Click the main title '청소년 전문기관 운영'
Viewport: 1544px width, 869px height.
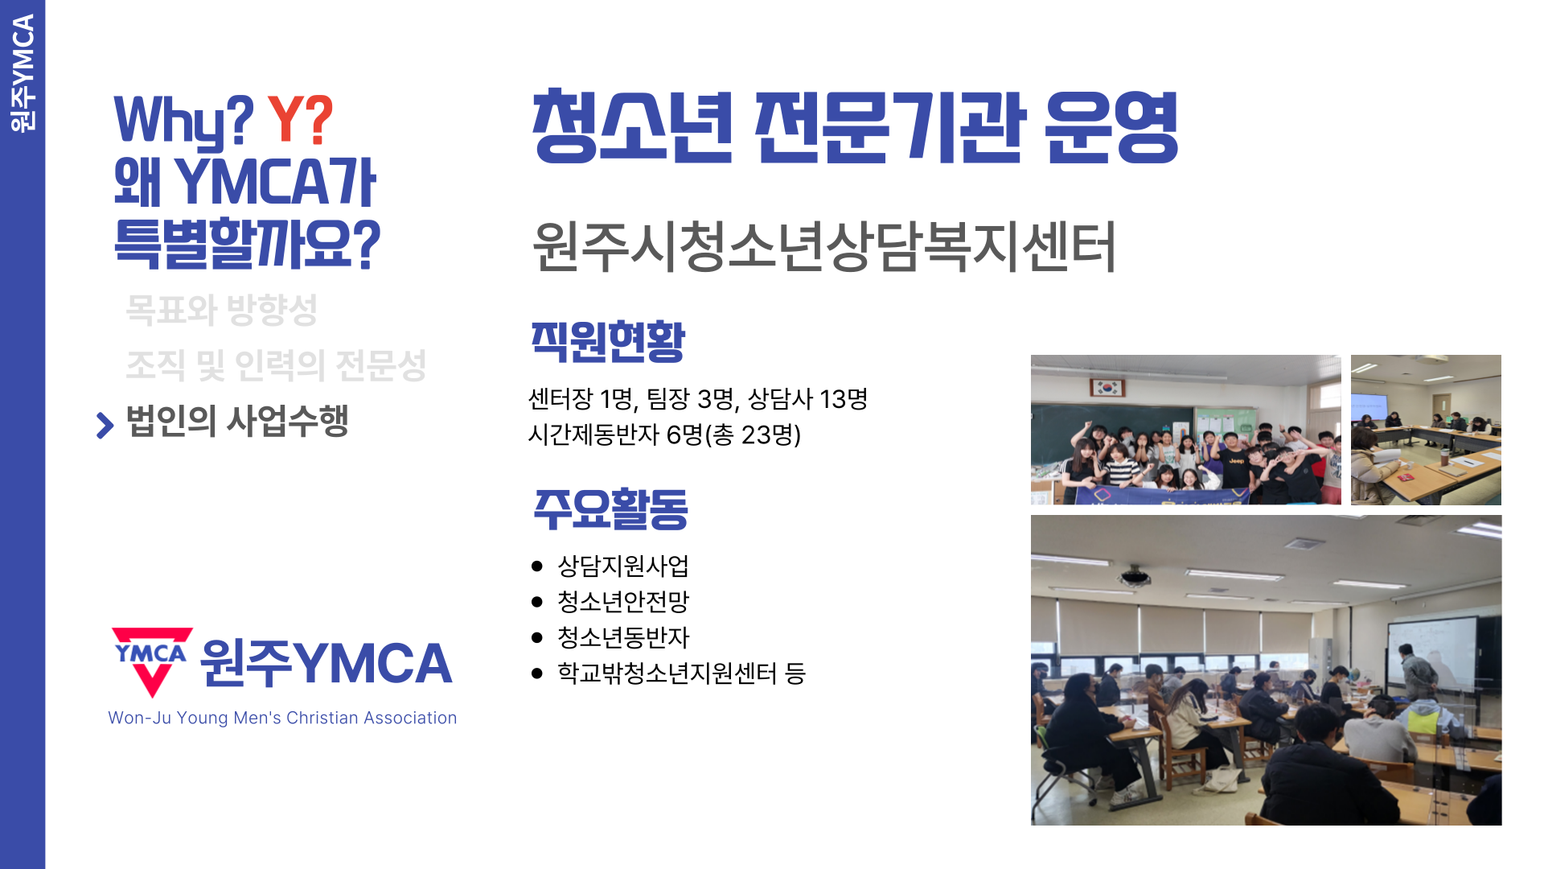coord(855,127)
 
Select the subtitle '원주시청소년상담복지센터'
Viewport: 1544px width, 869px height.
coord(823,246)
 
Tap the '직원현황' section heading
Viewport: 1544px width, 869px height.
coord(608,341)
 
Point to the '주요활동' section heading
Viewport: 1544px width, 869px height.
coord(611,509)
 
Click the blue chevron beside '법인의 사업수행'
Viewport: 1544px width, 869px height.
coord(105,425)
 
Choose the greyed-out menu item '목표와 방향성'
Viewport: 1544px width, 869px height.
coord(222,310)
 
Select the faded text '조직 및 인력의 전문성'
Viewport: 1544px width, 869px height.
coord(276,365)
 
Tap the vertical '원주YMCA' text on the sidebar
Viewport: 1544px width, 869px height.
coord(23,73)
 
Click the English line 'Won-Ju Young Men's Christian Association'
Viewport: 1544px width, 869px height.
coord(282,718)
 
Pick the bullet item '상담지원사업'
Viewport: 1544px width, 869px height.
coord(623,566)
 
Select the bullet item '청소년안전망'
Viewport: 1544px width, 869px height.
coord(623,601)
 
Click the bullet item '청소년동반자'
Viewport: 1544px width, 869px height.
coord(623,637)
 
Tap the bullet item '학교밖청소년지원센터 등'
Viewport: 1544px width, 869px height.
coord(681,673)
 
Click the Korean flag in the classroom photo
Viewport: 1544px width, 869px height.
coord(1107,388)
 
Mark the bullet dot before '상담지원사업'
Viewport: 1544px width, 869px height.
coord(537,566)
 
